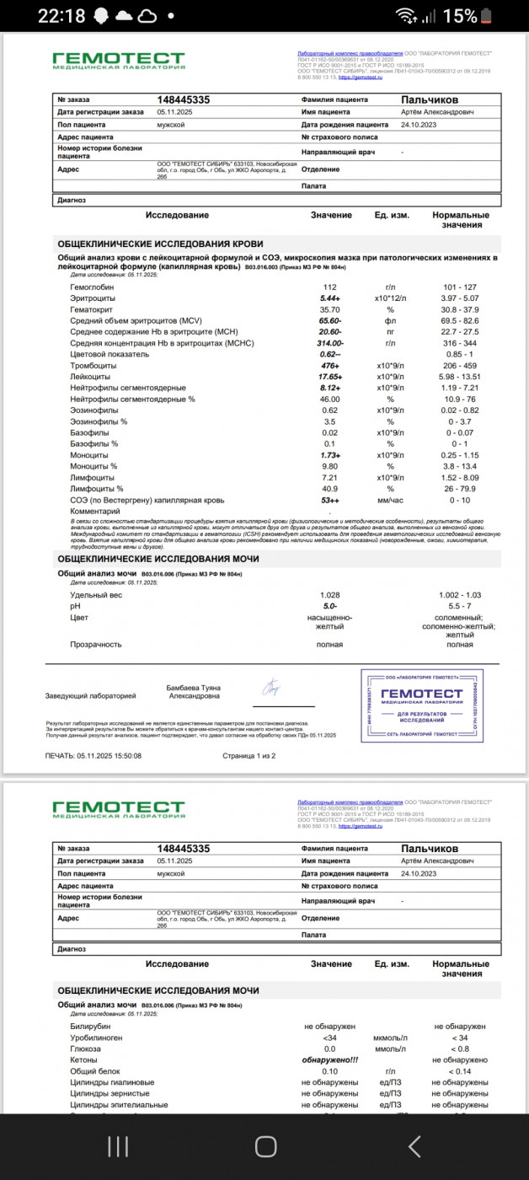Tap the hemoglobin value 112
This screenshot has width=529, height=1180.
click(330, 287)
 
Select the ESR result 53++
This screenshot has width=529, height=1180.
click(330, 500)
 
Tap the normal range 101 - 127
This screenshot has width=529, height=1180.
click(459, 287)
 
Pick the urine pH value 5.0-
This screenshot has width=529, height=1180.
click(330, 606)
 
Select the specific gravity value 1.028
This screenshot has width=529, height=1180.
click(330, 595)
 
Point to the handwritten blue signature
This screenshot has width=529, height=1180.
click(272, 688)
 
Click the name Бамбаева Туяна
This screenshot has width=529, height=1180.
click(193, 688)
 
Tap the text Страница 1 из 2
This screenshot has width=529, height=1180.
click(248, 756)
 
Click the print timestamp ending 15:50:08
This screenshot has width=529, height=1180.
click(94, 756)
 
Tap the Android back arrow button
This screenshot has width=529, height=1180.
click(414, 1145)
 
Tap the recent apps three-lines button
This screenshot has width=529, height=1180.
click(118, 1145)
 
